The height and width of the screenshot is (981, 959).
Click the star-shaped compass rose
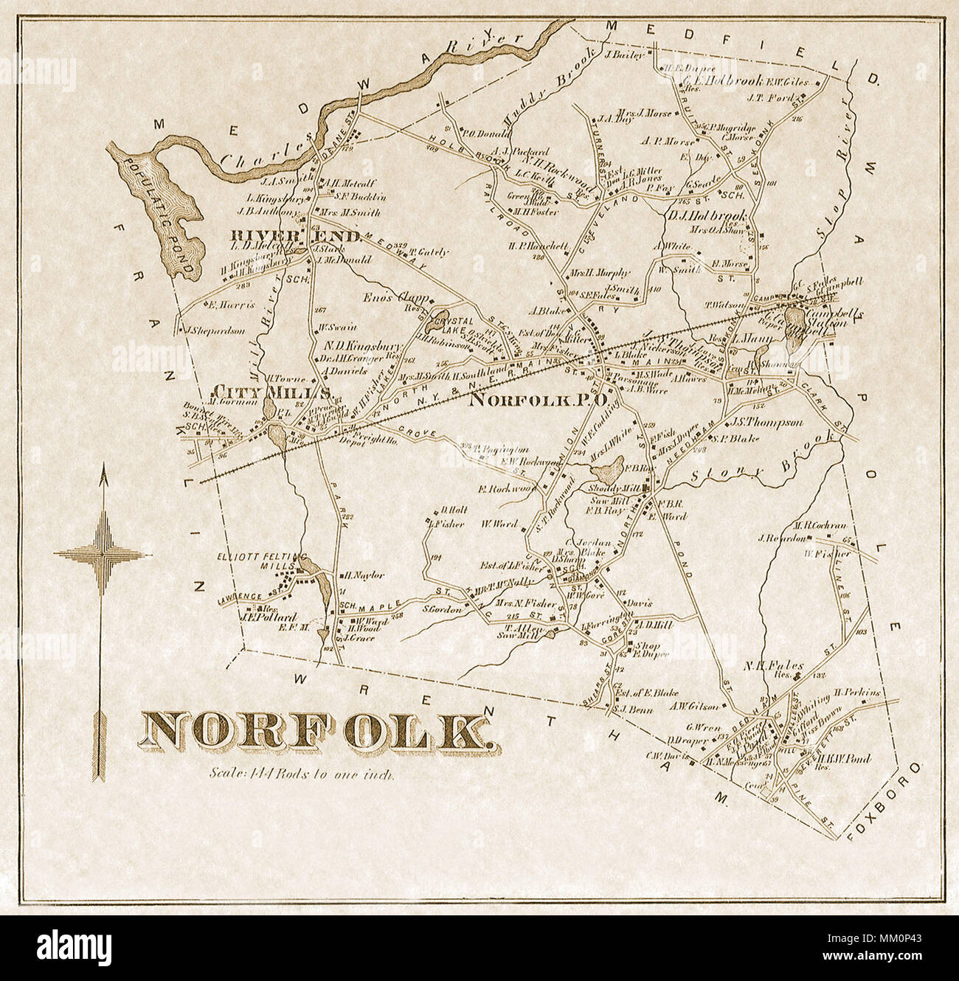coord(101,552)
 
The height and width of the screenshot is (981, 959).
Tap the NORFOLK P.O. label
coord(539,400)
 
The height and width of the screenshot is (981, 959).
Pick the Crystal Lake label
coord(451,322)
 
